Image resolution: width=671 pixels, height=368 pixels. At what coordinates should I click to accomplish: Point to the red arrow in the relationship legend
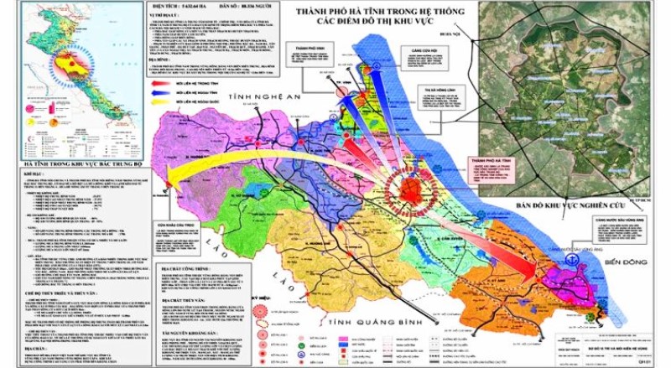[170, 85]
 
